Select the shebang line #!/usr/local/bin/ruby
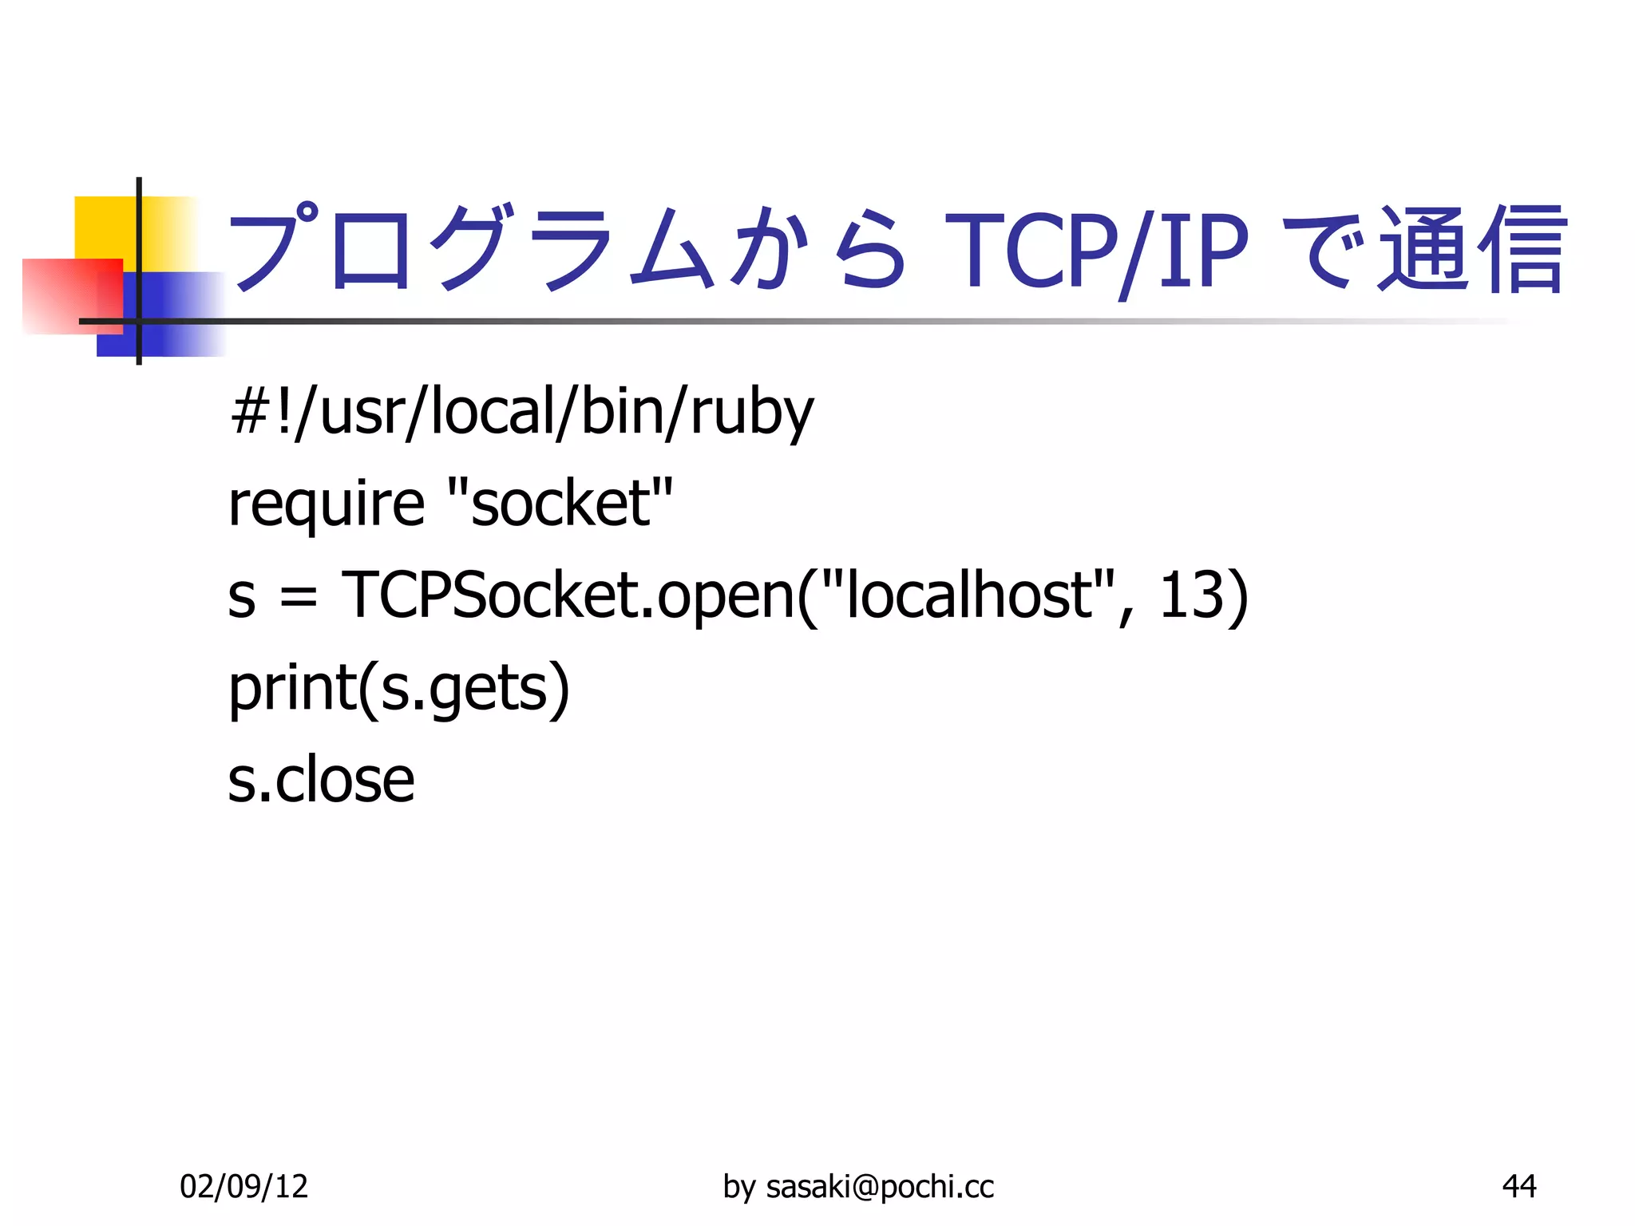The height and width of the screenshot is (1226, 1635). pos(521,413)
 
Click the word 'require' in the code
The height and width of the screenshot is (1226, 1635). pos(326,504)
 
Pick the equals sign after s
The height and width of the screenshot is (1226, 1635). pos(299,598)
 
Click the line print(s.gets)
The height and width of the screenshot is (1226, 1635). pos(399,688)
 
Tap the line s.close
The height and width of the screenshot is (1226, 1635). pos(321,780)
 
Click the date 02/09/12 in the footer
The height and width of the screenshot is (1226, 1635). pos(243,1187)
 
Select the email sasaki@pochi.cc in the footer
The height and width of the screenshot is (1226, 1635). pos(880,1187)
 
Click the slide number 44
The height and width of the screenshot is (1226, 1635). pos(1518,1187)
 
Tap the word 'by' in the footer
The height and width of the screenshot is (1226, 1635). pos(738,1187)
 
